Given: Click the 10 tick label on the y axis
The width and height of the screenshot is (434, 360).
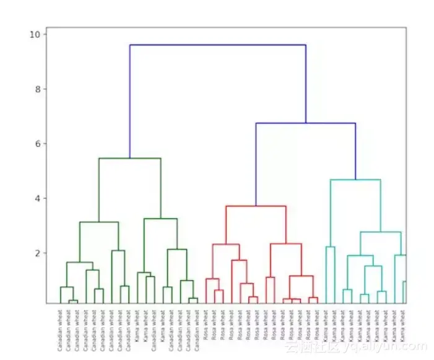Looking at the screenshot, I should click(35, 34).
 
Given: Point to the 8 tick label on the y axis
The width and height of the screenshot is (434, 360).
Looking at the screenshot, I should click(37, 89).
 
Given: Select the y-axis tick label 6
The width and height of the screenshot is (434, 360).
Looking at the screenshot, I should click(37, 144).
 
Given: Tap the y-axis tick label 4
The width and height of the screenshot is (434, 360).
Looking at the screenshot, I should click(37, 198).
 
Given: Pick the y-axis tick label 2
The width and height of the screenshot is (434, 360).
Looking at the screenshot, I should click(37, 253).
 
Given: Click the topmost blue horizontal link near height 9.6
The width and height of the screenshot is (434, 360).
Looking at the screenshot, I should click(217, 45).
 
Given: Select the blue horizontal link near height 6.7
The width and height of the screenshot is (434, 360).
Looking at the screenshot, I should click(305, 123).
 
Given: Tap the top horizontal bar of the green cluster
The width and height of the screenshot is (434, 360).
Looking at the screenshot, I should click(129, 159).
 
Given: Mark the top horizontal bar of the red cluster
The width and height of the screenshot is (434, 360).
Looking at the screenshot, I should click(256, 206).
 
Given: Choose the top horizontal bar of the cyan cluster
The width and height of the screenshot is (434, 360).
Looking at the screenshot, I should click(355, 180).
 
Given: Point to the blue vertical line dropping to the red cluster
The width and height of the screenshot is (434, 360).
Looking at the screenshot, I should click(256, 164).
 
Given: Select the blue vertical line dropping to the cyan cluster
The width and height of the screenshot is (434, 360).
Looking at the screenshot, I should click(355, 151).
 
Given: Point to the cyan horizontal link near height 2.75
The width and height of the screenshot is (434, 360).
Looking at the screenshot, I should click(380, 232).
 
